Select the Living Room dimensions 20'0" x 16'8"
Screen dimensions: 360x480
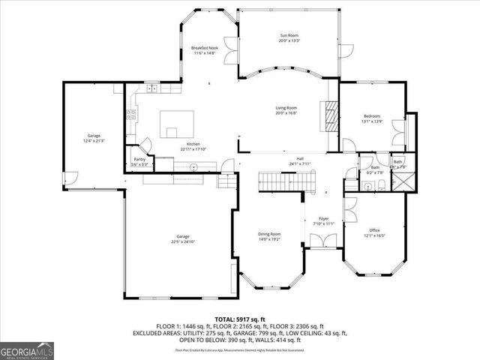tap(286, 113)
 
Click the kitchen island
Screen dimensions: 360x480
tap(177, 121)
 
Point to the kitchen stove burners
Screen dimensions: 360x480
tap(130, 115)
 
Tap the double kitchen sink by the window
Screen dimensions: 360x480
tap(152, 88)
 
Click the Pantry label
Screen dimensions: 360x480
tap(139, 159)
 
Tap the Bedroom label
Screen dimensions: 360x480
tap(372, 116)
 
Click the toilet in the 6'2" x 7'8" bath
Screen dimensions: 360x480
tap(382, 184)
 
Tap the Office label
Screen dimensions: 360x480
tap(375, 230)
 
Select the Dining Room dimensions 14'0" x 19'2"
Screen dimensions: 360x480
tap(269, 239)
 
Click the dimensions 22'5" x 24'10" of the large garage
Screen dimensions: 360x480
tap(182, 241)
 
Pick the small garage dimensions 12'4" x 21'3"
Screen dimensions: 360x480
tap(94, 141)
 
